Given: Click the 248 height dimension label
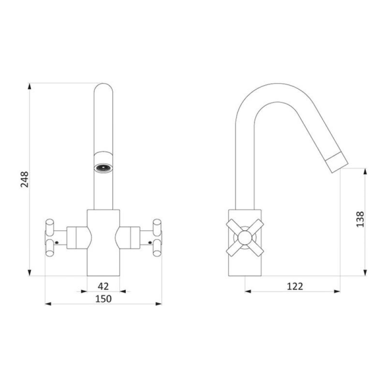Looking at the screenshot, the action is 25,179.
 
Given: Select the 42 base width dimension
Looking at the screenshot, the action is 103,286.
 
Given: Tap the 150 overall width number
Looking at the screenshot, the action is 104,299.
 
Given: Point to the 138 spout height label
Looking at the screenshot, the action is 360,219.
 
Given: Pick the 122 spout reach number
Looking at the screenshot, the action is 295,286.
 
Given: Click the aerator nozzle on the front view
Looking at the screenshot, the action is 104,168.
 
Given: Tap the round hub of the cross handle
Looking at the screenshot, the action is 245,238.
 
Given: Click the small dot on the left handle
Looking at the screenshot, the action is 57,243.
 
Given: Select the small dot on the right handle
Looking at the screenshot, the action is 150,243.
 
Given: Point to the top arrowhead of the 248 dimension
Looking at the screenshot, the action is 30,86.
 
